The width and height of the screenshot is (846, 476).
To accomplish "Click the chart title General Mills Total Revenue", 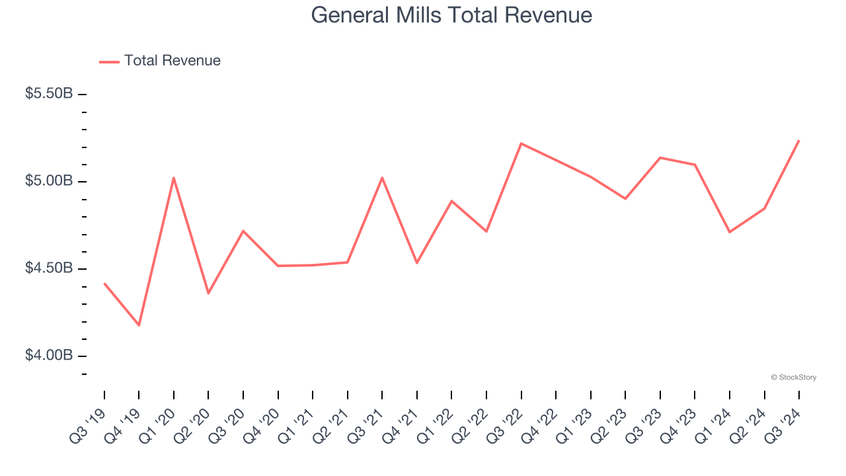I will (x=451, y=15).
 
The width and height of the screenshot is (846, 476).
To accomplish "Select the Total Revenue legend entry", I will (x=161, y=61).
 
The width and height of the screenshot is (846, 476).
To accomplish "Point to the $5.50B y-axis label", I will (x=49, y=94).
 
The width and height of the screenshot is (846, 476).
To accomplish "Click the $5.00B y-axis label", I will (x=49, y=181).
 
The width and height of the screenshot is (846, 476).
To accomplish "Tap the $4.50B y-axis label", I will (x=49, y=268).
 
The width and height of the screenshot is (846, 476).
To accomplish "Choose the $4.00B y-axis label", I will (x=49, y=356).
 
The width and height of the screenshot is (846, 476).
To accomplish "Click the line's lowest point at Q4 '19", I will (x=139, y=325).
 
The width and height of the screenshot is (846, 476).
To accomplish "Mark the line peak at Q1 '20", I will (x=174, y=178).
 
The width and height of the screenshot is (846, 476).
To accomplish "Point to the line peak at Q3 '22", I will (x=521, y=143).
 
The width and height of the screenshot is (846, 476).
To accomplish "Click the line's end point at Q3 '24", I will (x=799, y=141).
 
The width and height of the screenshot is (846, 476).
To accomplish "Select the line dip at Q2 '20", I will (x=208, y=293).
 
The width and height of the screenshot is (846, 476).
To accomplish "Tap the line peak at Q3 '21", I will (x=382, y=177).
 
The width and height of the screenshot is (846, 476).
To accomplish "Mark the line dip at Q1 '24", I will (x=730, y=232).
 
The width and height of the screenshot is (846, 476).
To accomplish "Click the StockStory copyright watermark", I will (x=793, y=377).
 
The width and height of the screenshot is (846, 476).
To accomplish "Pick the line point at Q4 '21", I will (x=417, y=263).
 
